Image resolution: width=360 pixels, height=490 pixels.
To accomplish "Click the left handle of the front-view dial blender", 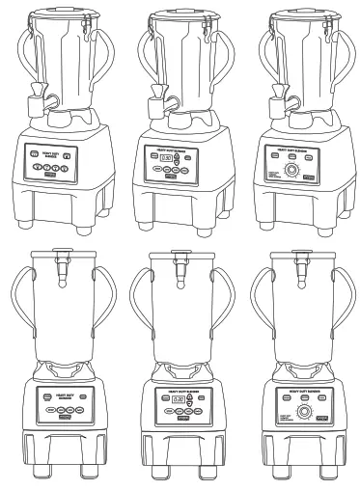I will click(258, 309).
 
